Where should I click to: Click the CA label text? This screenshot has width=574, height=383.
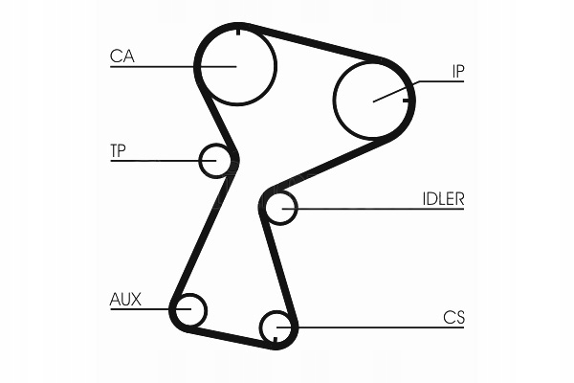(121, 56)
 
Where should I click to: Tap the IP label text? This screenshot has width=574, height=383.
(457, 70)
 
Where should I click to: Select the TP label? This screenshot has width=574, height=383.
(120, 149)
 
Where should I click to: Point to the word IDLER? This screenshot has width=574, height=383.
(443, 199)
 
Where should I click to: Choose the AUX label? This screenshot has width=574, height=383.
(125, 300)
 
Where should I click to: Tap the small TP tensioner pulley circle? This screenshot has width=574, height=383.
(216, 160)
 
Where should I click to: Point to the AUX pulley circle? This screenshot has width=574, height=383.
(189, 309)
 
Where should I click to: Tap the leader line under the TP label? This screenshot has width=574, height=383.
(153, 160)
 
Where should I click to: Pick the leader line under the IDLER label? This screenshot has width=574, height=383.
(383, 208)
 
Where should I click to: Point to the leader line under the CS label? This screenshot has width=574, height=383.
(383, 327)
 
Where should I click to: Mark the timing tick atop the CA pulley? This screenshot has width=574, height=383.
(235, 31)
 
